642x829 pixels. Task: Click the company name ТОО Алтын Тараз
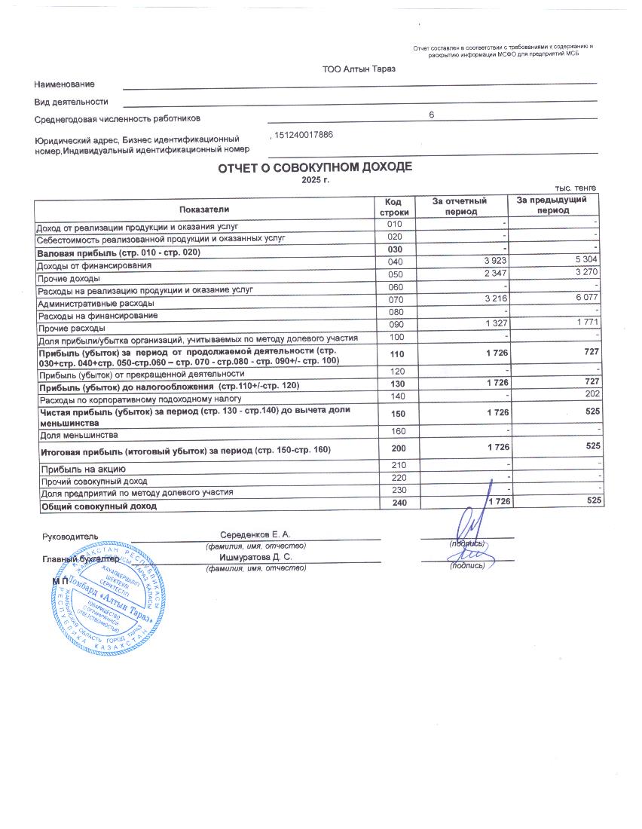coord(359,69)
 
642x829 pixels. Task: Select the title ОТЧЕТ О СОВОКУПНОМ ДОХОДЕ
coord(315,167)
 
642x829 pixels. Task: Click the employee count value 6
coord(431,115)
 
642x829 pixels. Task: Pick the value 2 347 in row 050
coord(494,274)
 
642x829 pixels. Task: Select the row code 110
coord(394,354)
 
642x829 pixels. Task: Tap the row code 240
coord(394,504)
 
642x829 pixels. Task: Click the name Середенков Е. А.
coord(255,534)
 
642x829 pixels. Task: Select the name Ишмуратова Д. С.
coord(255,557)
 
